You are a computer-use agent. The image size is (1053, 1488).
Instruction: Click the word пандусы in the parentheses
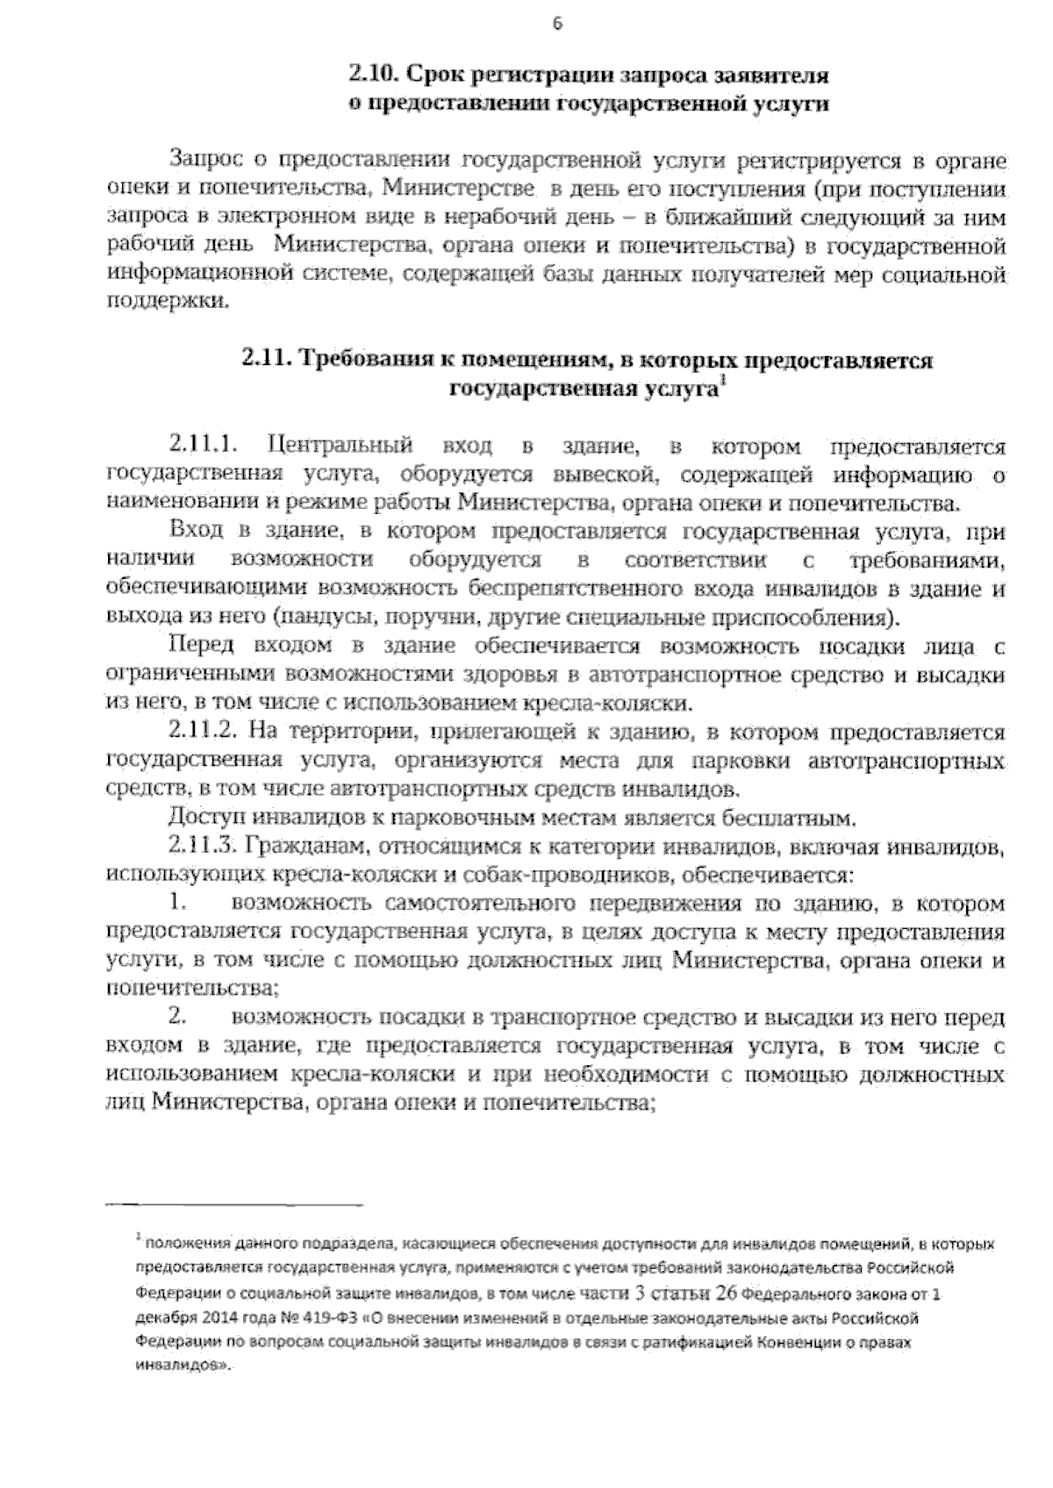pyautogui.click(x=324, y=617)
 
